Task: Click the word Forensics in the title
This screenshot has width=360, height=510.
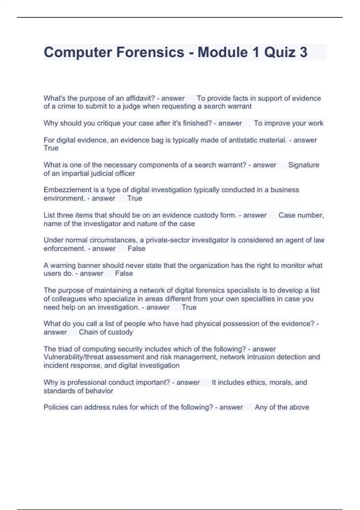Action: pos(150,52)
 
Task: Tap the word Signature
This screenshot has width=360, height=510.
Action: pos(304,165)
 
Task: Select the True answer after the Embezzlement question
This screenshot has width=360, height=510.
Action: pos(135,198)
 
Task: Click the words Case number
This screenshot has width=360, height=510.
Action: pos(301,215)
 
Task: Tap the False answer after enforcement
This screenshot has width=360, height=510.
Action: pos(136,249)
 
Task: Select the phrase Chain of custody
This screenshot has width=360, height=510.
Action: pos(106,332)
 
